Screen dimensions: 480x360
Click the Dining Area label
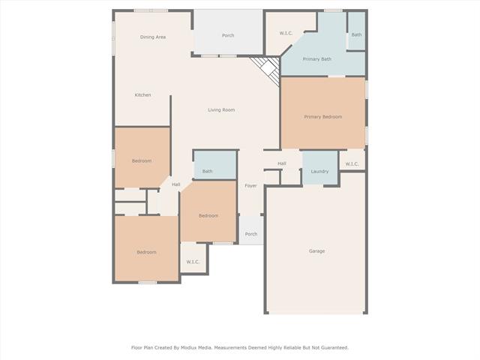click(x=153, y=37)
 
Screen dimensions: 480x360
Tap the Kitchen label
click(x=142, y=95)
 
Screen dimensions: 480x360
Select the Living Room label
click(x=221, y=110)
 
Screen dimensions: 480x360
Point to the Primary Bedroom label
click(x=323, y=117)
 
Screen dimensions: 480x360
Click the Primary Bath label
click(x=316, y=59)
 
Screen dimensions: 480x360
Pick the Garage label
click(x=316, y=251)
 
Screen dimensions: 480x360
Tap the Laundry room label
click(x=319, y=172)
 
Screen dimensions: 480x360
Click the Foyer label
click(x=250, y=186)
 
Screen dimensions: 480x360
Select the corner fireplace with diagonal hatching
click(x=267, y=69)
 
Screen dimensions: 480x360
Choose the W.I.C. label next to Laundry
click(x=352, y=164)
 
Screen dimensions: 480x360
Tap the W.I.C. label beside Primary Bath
click(x=286, y=33)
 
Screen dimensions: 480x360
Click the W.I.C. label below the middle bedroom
click(x=193, y=262)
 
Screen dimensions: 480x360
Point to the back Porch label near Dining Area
click(x=228, y=35)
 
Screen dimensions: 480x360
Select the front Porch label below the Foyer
click(x=251, y=234)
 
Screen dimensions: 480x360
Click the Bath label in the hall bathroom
click(x=207, y=172)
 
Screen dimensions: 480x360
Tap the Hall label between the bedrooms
click(x=175, y=184)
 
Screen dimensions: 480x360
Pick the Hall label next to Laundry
click(x=282, y=163)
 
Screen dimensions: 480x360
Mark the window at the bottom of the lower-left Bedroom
click(x=148, y=283)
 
